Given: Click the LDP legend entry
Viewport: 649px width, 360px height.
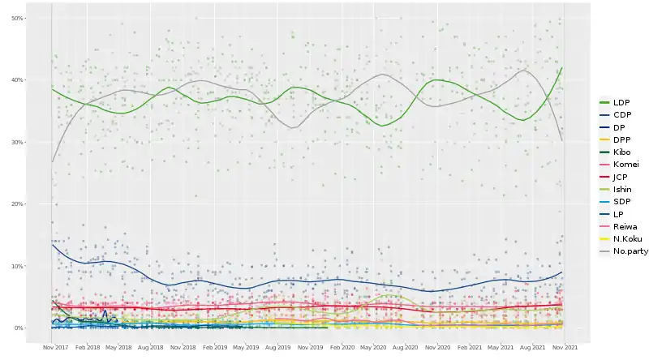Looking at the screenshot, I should [621, 102].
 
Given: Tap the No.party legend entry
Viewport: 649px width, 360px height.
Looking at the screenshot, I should [630, 251].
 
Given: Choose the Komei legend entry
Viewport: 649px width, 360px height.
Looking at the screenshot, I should [625, 164].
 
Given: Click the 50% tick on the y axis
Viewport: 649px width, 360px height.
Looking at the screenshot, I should [38, 18].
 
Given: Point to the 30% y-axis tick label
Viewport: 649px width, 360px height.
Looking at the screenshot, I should [38, 142].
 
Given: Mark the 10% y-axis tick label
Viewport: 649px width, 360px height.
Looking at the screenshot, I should [38, 266].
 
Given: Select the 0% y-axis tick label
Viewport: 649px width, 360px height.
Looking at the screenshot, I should [40, 328].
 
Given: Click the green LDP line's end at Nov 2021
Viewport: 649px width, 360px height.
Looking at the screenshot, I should [562, 68].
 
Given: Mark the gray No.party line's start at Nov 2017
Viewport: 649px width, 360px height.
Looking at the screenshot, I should [52, 161].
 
